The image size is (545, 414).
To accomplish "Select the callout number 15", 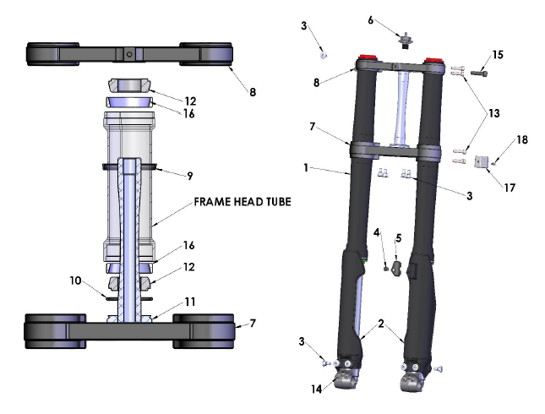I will [x=498, y=55].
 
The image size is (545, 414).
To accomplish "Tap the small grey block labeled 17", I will [x=482, y=161].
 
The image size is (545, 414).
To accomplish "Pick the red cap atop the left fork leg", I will [x=368, y=59].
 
